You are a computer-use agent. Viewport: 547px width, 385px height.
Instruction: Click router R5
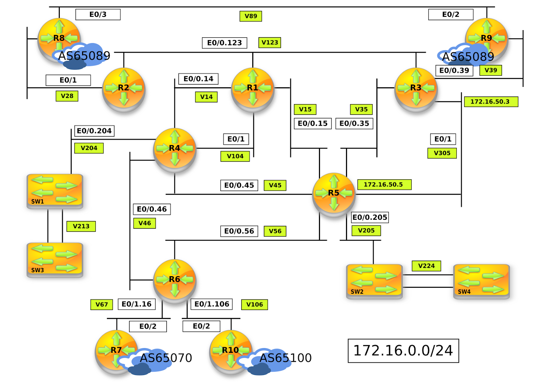click(x=334, y=193)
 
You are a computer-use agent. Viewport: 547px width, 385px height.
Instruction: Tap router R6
click(x=174, y=280)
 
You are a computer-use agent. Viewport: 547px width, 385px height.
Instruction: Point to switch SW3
click(x=55, y=259)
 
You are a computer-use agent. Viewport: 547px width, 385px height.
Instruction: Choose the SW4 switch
click(x=481, y=281)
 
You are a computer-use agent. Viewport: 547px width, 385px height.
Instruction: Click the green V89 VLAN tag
click(x=251, y=16)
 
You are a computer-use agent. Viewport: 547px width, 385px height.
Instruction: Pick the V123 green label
click(x=270, y=42)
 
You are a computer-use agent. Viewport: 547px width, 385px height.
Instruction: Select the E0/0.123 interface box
click(x=224, y=43)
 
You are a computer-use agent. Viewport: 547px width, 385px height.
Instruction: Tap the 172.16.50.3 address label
click(x=491, y=102)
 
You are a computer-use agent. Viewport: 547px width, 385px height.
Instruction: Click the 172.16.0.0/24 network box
click(x=403, y=351)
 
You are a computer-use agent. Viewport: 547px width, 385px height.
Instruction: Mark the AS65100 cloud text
click(x=285, y=358)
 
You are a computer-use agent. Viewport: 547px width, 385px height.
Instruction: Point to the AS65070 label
click(x=166, y=358)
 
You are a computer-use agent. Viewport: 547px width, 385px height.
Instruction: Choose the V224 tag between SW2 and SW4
click(x=426, y=266)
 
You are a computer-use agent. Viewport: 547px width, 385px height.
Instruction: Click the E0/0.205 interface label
click(x=370, y=217)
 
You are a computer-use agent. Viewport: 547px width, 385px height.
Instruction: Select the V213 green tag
click(x=81, y=226)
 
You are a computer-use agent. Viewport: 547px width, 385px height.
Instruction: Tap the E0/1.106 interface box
click(x=212, y=304)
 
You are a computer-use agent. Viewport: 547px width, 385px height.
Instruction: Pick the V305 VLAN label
click(x=442, y=153)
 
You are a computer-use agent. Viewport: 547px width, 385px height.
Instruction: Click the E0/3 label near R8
click(x=98, y=14)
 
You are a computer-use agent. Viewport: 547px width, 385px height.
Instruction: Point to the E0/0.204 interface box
click(x=94, y=131)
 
